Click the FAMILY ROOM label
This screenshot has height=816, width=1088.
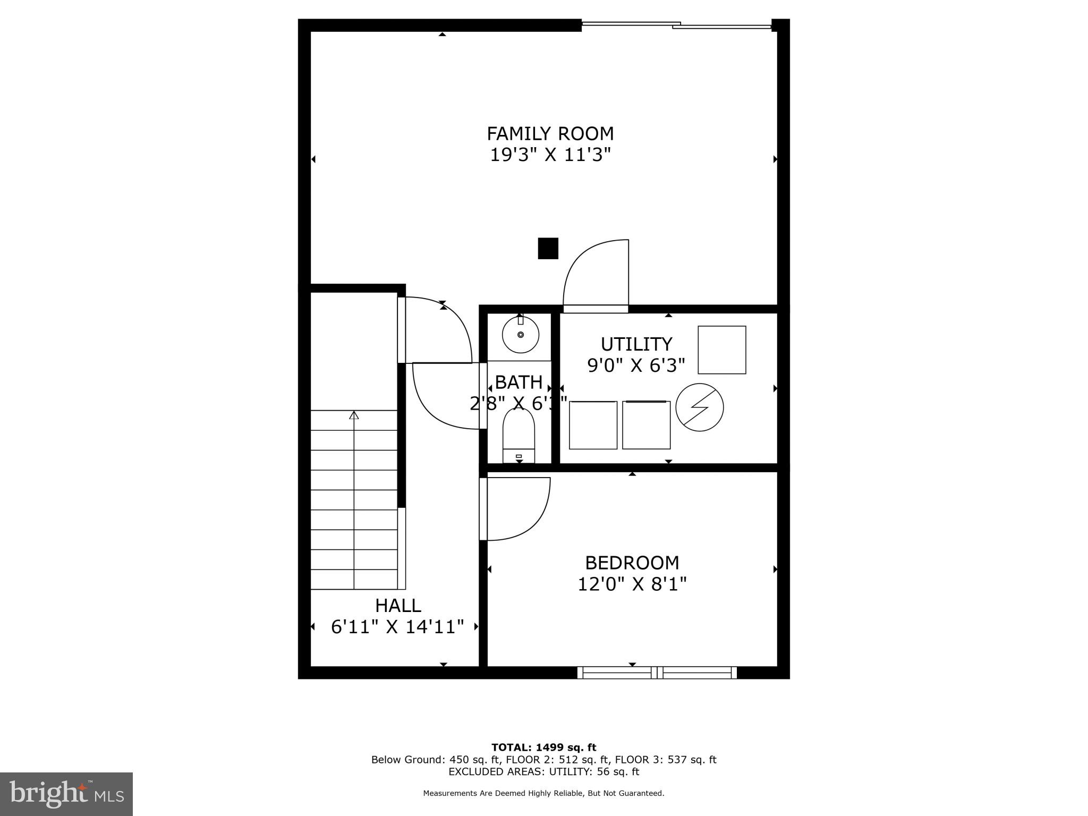click(x=550, y=133)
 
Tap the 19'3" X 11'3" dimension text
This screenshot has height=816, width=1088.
click(x=550, y=155)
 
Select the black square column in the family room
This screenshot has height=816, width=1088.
click(x=548, y=248)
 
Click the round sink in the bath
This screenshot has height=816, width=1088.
click(x=521, y=335)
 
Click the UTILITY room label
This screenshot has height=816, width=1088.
click(x=636, y=344)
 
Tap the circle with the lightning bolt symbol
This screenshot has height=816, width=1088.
click(x=700, y=407)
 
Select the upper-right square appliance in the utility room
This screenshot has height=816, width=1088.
click(x=721, y=350)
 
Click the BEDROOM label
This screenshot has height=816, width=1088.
click(x=632, y=562)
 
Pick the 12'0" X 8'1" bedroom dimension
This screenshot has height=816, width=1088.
click(x=632, y=584)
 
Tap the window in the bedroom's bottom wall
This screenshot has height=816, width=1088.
click(x=657, y=673)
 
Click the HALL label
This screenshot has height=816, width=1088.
click(x=398, y=605)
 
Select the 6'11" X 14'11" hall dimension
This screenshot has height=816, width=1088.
click(x=397, y=627)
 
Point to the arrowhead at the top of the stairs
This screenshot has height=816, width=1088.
click(x=354, y=415)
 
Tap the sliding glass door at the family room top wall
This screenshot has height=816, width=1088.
click(x=676, y=24)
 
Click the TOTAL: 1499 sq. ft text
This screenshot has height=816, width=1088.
click(x=543, y=748)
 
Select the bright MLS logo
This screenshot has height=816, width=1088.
click(x=66, y=794)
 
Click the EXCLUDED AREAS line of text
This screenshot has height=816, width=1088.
click(x=543, y=771)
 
